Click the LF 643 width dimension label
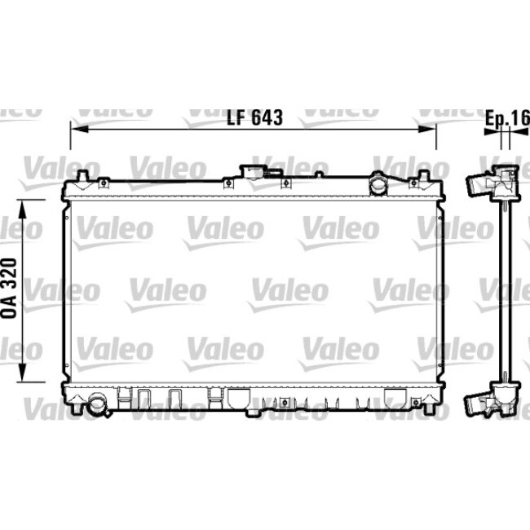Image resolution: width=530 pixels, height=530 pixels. (x=254, y=117)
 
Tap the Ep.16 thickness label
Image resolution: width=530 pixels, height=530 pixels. (x=507, y=117)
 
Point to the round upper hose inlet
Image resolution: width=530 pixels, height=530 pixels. (x=380, y=185)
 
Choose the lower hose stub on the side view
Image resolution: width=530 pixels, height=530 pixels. (x=475, y=404)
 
